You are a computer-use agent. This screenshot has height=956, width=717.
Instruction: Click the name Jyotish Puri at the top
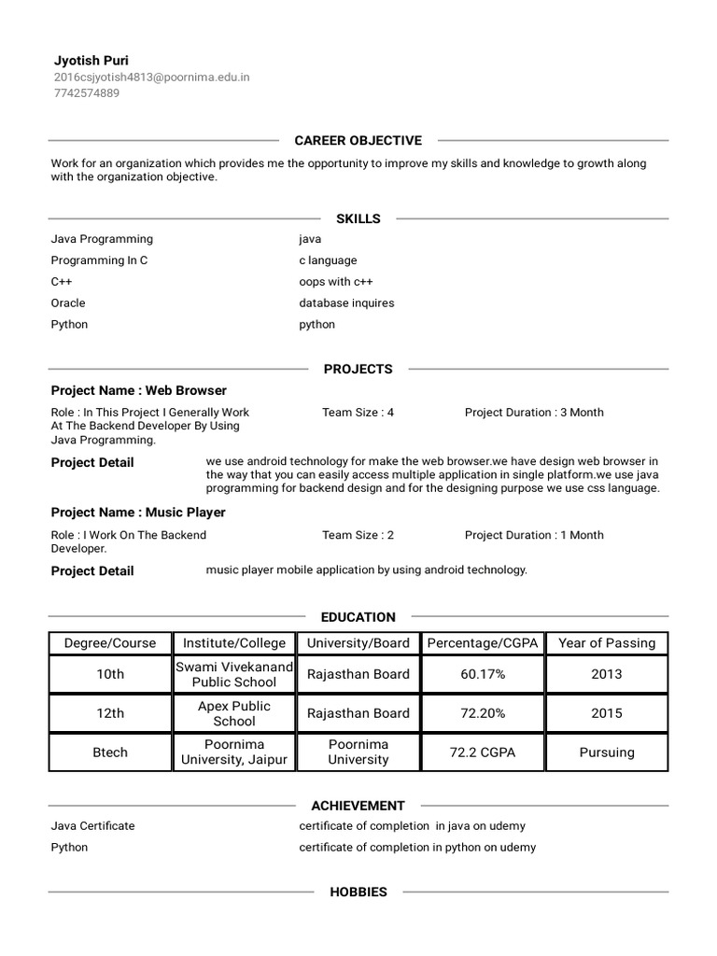click(x=91, y=61)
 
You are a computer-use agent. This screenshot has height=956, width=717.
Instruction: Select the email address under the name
click(x=151, y=77)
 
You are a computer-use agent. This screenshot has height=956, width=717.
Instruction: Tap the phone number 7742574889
click(x=86, y=93)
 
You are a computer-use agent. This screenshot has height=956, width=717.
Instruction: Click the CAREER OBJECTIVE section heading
click(x=358, y=141)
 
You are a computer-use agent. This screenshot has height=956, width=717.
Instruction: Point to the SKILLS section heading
click(x=358, y=218)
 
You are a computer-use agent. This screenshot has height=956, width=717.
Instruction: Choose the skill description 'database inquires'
click(x=346, y=303)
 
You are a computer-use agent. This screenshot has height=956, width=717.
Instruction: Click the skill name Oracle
click(x=68, y=303)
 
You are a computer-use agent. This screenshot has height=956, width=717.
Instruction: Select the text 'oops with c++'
click(x=336, y=282)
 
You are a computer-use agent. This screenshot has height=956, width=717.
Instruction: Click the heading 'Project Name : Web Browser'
click(x=138, y=390)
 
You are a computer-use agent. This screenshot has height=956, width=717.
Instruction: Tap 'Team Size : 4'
click(x=358, y=413)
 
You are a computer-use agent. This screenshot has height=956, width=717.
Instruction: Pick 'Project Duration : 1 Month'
click(x=534, y=536)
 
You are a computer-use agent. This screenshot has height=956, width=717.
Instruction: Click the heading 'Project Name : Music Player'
click(x=138, y=513)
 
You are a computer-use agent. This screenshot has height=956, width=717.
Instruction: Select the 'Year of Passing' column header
click(x=607, y=643)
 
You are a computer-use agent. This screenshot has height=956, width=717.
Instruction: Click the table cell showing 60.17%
click(x=483, y=674)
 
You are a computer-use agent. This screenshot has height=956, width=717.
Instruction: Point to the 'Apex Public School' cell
click(x=234, y=714)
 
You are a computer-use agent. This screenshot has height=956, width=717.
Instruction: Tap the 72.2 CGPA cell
click(x=483, y=752)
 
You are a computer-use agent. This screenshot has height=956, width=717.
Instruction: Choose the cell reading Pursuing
click(x=607, y=752)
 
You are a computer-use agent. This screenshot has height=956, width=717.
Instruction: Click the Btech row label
click(x=110, y=752)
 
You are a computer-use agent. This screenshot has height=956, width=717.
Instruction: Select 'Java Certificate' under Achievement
click(x=93, y=826)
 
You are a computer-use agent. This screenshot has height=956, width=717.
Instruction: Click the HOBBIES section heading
click(x=358, y=893)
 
